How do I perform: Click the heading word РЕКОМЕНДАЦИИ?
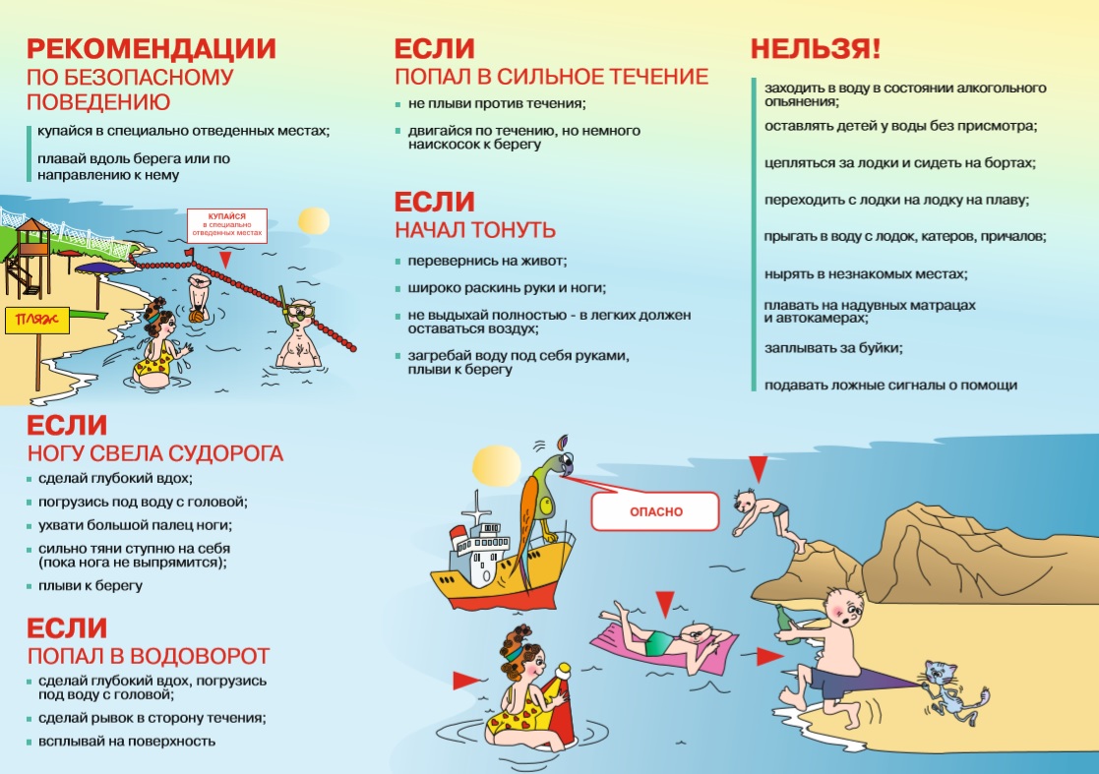[x=151, y=49]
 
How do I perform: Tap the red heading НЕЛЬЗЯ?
[x=815, y=49]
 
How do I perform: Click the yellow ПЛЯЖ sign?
[x=37, y=321]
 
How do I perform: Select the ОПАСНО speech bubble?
[x=655, y=511]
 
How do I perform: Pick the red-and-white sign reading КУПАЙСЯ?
[x=226, y=225]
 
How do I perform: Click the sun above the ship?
[x=497, y=465]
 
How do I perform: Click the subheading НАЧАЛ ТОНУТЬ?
[x=475, y=230]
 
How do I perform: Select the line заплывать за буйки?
[x=833, y=347]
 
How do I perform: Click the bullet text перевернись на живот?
[x=487, y=261]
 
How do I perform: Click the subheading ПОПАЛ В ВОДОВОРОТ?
[x=149, y=656]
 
